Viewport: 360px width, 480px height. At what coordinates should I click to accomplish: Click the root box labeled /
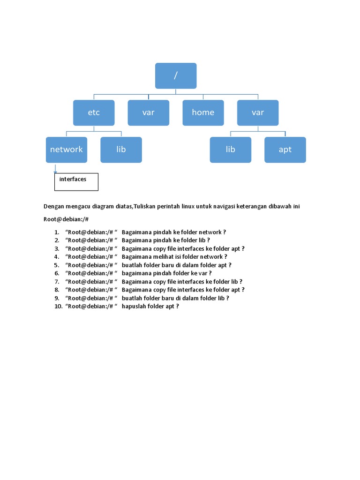click(176, 76)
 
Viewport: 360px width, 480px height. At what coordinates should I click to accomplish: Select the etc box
click(94, 112)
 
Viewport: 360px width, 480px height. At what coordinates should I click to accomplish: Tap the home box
click(203, 112)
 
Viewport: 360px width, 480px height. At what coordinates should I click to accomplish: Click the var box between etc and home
click(149, 112)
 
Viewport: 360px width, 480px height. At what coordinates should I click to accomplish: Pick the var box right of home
click(258, 112)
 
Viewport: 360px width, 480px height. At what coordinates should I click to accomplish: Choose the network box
click(67, 150)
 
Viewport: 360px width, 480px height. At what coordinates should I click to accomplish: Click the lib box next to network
click(121, 150)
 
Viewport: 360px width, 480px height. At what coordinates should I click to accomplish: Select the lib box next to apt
click(230, 150)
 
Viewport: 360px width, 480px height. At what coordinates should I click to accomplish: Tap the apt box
click(285, 150)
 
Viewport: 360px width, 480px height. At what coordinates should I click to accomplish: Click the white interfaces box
click(76, 182)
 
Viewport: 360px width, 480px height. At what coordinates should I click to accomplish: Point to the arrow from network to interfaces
click(55, 169)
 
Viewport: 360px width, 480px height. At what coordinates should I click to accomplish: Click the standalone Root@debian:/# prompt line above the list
click(66, 219)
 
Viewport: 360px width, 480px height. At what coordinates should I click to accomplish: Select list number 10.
click(58, 306)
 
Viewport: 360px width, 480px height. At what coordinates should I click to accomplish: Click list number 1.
click(56, 232)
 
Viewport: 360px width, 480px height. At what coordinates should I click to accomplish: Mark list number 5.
click(56, 265)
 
